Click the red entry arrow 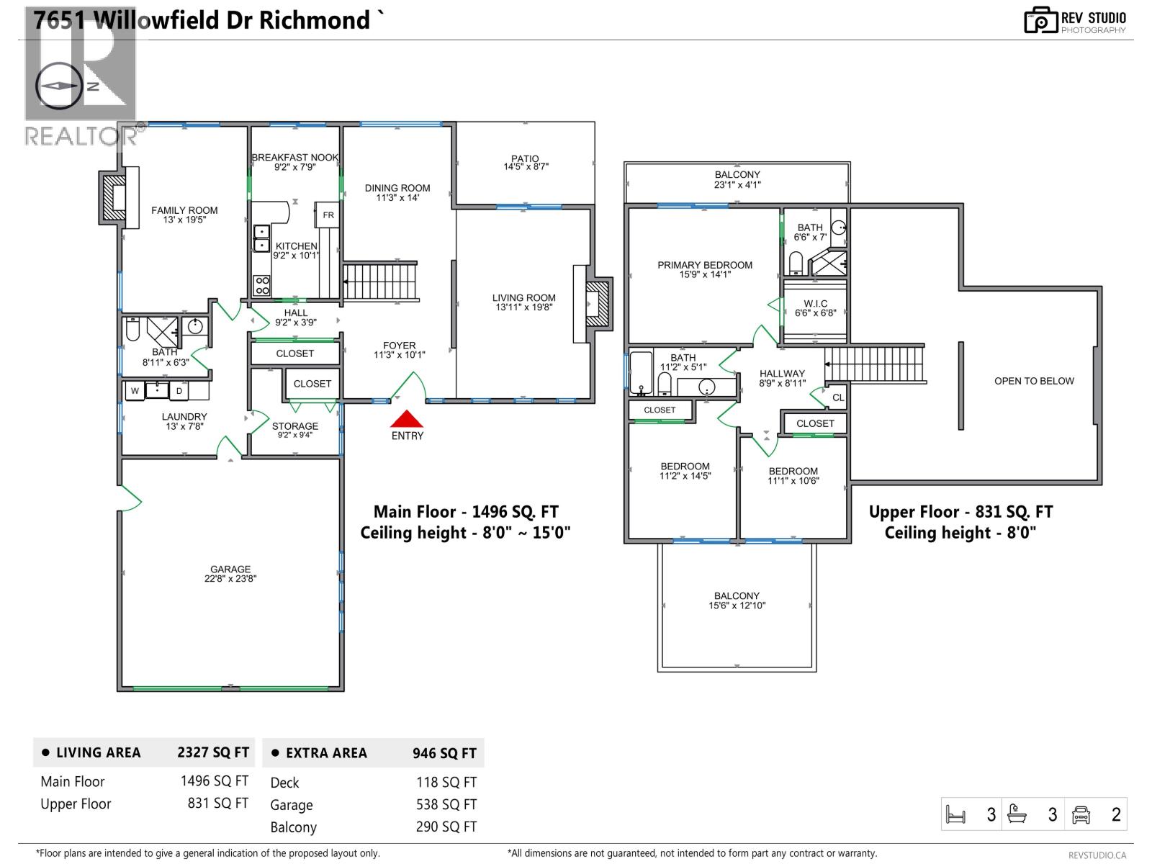407,419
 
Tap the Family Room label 184,210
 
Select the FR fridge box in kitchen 328,215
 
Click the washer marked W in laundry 135,391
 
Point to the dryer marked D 179,391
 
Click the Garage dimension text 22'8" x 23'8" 230,578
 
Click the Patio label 526,158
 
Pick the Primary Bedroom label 705,265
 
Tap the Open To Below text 1034,381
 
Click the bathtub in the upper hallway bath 641,373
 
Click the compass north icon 59,85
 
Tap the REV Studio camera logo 1040,21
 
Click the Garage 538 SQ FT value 446,804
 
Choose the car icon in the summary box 1081,814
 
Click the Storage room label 295,426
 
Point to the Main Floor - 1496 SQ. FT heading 466,512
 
